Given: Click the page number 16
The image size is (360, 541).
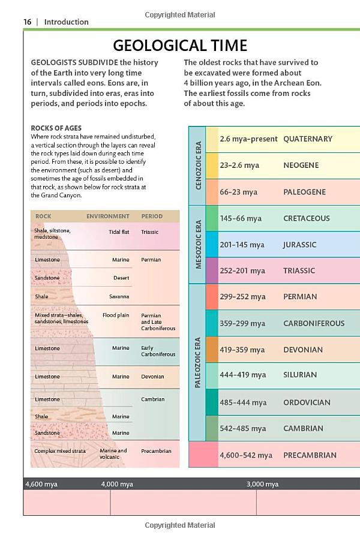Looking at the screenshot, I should (27, 22).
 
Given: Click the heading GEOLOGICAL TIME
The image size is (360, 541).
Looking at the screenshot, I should (180, 46).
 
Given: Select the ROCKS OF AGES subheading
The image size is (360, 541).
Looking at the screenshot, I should (56, 128).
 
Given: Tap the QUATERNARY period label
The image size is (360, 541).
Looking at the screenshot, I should (307, 139).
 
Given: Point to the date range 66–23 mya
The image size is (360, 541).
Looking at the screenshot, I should (238, 192).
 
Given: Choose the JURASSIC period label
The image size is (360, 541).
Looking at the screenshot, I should (299, 245).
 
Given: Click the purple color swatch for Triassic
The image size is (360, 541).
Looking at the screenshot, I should (212, 270).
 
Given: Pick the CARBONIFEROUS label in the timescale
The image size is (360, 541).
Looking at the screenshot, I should (314, 323).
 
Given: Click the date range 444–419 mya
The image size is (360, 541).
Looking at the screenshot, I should (242, 375).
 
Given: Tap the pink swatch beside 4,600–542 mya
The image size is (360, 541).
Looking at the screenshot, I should (203, 455).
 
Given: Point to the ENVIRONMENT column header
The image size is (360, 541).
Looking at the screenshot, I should (107, 216).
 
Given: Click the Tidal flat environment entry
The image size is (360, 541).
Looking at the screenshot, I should (119, 232).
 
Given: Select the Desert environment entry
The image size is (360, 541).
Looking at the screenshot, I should (121, 278).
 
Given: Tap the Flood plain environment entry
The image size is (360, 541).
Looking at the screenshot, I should (116, 315).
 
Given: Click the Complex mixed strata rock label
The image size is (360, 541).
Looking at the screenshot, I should (60, 451).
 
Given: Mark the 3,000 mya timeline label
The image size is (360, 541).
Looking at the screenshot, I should (262, 484).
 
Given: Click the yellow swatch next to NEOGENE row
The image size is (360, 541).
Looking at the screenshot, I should (212, 166).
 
